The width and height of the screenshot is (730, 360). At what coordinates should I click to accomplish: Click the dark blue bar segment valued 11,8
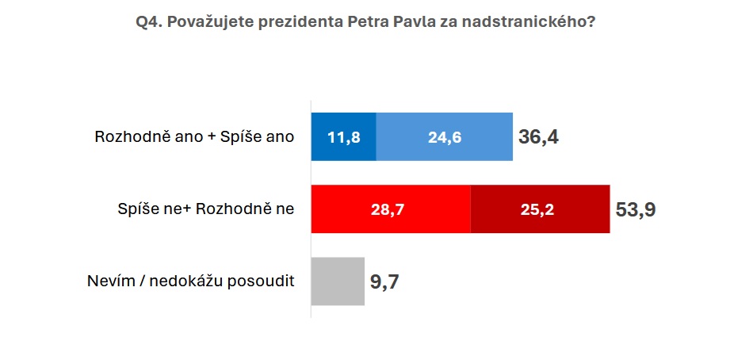click(343, 137)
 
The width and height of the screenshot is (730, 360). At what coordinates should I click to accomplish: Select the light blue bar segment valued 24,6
click(445, 137)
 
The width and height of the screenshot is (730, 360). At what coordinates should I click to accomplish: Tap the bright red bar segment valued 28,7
click(391, 209)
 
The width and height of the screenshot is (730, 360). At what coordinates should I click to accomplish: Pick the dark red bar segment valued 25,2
click(540, 209)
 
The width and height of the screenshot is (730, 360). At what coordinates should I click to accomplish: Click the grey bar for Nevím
click(338, 281)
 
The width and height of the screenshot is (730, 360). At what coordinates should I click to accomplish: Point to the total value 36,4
click(538, 137)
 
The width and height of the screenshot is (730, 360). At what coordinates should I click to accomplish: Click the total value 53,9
click(636, 209)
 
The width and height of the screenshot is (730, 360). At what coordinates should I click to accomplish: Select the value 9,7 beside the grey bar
click(384, 282)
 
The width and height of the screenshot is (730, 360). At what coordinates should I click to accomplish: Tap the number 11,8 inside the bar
click(343, 137)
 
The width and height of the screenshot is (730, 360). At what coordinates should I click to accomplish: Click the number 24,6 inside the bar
click(445, 137)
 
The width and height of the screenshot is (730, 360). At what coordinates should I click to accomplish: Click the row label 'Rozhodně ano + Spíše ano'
click(195, 137)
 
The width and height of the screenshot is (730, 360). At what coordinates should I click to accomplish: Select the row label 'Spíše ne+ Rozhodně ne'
click(206, 209)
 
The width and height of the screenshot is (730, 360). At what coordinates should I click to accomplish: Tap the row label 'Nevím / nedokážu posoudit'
click(191, 281)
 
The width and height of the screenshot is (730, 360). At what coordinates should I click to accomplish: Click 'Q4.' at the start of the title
click(148, 22)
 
